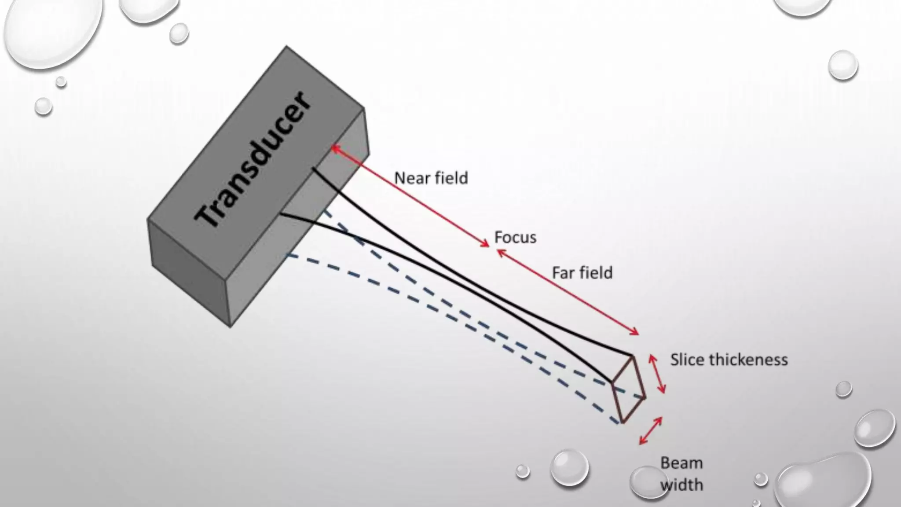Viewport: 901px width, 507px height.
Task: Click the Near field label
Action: pyautogui.click(x=431, y=178)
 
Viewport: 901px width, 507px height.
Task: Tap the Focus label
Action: pyautogui.click(x=515, y=238)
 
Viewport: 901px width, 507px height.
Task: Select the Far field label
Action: pyautogui.click(x=582, y=273)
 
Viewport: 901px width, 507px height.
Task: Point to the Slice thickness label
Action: pyautogui.click(x=729, y=360)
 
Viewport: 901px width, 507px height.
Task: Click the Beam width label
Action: pyautogui.click(x=681, y=474)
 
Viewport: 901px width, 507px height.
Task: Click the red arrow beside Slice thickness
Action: pyautogui.click(x=657, y=374)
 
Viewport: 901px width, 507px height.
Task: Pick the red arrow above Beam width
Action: pyautogui.click(x=651, y=430)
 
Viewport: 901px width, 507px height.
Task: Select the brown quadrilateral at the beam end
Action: pyautogui.click(x=628, y=390)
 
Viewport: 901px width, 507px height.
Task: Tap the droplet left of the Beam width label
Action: pyautogui.click(x=569, y=467)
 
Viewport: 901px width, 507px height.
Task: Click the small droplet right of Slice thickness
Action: pyautogui.click(x=843, y=389)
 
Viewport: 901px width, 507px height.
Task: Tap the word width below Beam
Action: pyautogui.click(x=681, y=485)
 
